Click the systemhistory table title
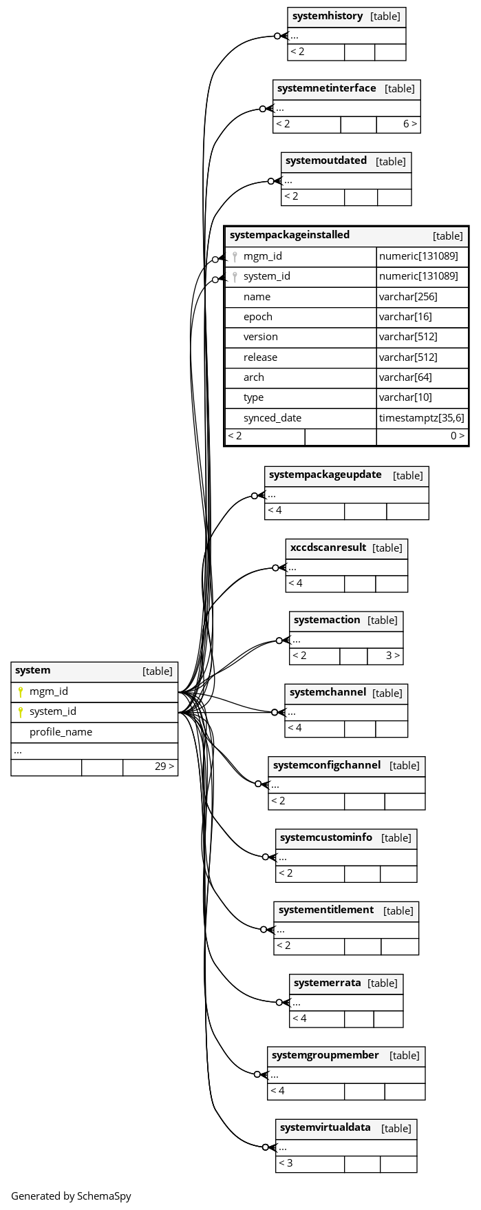pos(328,16)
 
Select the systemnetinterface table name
pos(327,88)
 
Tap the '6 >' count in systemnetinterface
pos(410,124)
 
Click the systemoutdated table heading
pos(326,160)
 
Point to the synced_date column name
pos(272,418)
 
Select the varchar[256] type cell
pos(408,297)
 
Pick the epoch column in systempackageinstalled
pos(258,317)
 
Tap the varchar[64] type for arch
pos(405,377)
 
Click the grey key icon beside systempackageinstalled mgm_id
pos(235,257)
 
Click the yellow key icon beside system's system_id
pos(21,712)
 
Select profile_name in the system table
pos(61,732)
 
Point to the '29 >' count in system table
pos(164,766)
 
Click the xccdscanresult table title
pos(328,547)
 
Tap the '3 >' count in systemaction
pos(393,655)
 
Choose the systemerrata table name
pos(328,983)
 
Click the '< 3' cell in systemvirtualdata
pos(286,1163)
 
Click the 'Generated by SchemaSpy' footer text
pos(71,1196)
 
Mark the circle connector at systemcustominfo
pos(266,857)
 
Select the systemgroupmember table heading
pos(325,1055)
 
